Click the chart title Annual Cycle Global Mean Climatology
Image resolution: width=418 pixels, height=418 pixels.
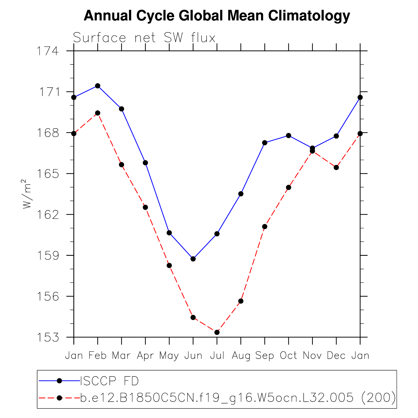(217, 16)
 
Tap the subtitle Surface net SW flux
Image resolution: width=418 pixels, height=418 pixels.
(144, 38)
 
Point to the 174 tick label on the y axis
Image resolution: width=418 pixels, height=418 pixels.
(48, 51)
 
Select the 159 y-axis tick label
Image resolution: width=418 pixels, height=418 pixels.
(48, 255)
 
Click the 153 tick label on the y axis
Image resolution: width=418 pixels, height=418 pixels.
(48, 337)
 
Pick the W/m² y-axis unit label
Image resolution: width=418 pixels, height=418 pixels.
(27, 194)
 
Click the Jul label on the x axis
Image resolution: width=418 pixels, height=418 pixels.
(217, 355)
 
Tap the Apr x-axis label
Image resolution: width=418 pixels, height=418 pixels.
(145, 355)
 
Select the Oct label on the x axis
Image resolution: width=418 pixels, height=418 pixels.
(289, 355)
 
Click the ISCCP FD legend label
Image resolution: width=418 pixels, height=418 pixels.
(109, 381)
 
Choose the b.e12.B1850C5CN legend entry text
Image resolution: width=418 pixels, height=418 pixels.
(238, 398)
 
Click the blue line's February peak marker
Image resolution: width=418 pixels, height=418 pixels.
(98, 86)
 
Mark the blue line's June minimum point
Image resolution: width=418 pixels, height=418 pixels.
(193, 259)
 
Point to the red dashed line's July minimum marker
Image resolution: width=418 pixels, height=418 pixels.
(217, 332)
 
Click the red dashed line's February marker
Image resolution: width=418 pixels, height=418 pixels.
(98, 113)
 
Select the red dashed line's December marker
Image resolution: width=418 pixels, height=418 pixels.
(336, 168)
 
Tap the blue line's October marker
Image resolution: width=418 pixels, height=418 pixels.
(289, 135)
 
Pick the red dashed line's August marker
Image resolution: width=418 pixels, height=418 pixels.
(241, 301)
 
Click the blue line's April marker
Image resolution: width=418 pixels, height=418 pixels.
(145, 163)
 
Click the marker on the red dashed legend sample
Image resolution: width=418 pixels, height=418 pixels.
(59, 398)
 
